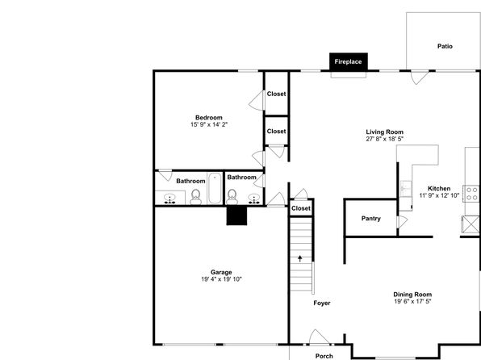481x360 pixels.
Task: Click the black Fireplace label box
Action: (x=349, y=61)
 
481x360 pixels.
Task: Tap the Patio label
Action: (x=445, y=46)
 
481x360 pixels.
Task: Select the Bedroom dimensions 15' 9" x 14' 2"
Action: (x=209, y=124)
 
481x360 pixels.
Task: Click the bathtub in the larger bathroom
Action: (x=215, y=188)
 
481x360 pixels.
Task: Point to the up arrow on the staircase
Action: (x=300, y=258)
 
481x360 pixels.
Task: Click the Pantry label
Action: (x=371, y=219)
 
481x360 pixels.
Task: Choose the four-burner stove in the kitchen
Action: (x=472, y=194)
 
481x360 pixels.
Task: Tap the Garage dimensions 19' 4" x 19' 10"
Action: (x=221, y=279)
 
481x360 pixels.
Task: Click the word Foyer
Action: (x=322, y=303)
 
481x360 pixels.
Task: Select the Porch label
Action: (x=324, y=356)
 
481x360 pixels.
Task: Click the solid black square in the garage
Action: (x=236, y=216)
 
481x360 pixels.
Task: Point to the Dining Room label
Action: (x=412, y=295)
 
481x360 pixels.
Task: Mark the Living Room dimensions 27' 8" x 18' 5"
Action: (x=384, y=139)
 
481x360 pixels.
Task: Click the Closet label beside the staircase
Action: (x=301, y=208)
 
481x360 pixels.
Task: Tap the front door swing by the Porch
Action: (x=319, y=337)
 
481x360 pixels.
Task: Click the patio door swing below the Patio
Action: (x=420, y=77)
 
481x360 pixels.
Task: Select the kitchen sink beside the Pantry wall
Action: (x=406, y=189)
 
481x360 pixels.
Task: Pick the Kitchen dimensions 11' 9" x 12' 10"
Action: (x=439, y=195)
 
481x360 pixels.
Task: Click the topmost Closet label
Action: (x=276, y=94)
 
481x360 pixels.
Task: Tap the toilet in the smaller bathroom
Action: (x=232, y=197)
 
